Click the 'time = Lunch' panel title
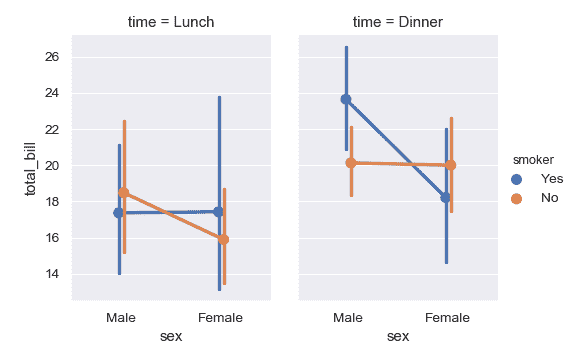pyautogui.click(x=171, y=22)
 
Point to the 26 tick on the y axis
pyautogui.click(x=52, y=57)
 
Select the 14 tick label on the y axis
pyautogui.click(x=52, y=274)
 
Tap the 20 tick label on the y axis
pyautogui.click(x=52, y=166)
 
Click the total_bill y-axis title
pyautogui.click(x=30, y=166)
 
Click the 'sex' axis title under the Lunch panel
pyautogui.click(x=171, y=337)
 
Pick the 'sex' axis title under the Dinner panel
pyautogui.click(x=398, y=337)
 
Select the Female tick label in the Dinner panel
pyautogui.click(x=448, y=317)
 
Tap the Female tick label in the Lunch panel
pyautogui.click(x=221, y=317)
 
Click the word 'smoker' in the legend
pyautogui.click(x=529, y=159)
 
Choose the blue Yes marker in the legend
pyautogui.click(x=517, y=178)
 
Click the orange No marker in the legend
pyautogui.click(x=517, y=198)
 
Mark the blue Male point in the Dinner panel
pyautogui.click(x=346, y=99)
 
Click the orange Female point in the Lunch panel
pyautogui.click(x=224, y=239)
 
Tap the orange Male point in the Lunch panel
pyautogui.click(x=124, y=192)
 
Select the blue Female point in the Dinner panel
pyautogui.click(x=446, y=198)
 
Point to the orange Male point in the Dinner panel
pyautogui.click(x=351, y=162)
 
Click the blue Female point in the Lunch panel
pyautogui.click(x=218, y=212)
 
